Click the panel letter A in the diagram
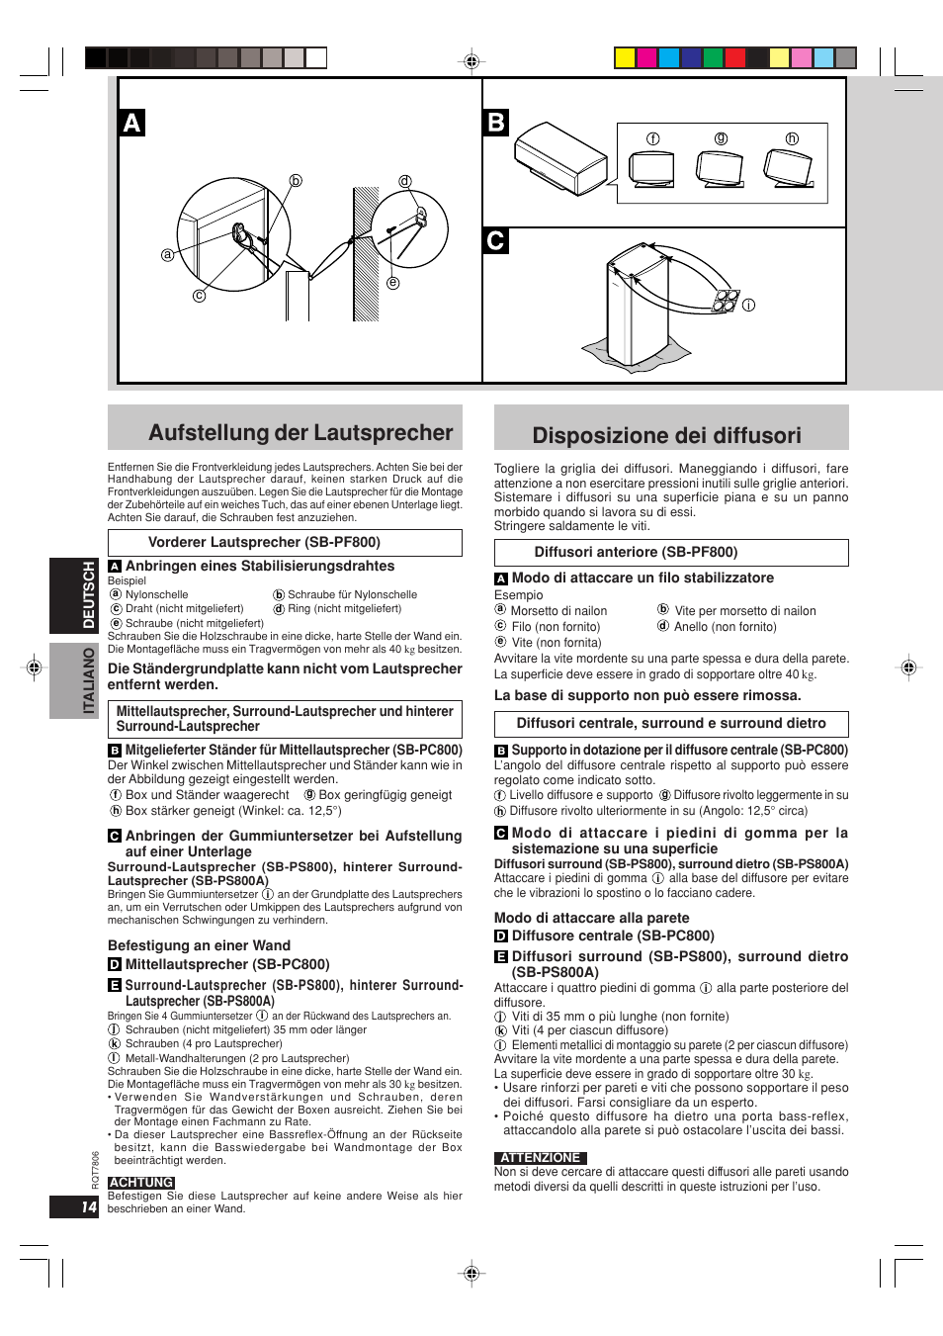pos(131,123)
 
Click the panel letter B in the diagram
pos(496,123)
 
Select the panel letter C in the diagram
pos(496,240)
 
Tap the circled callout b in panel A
pos(295,181)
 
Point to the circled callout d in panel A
pos(405,181)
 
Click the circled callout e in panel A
pos(392,283)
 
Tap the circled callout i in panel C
pos(748,305)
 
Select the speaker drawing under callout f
pos(652,169)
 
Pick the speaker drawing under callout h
pos(789,168)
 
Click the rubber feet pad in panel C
pos(727,300)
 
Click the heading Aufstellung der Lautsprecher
pos(300,433)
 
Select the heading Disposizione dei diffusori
pos(666,436)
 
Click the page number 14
pos(89,1207)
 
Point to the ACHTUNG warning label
pos(141,1183)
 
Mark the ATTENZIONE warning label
pos(540,1158)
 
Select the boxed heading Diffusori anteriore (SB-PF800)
pos(636,552)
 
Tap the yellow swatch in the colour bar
pos(625,57)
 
